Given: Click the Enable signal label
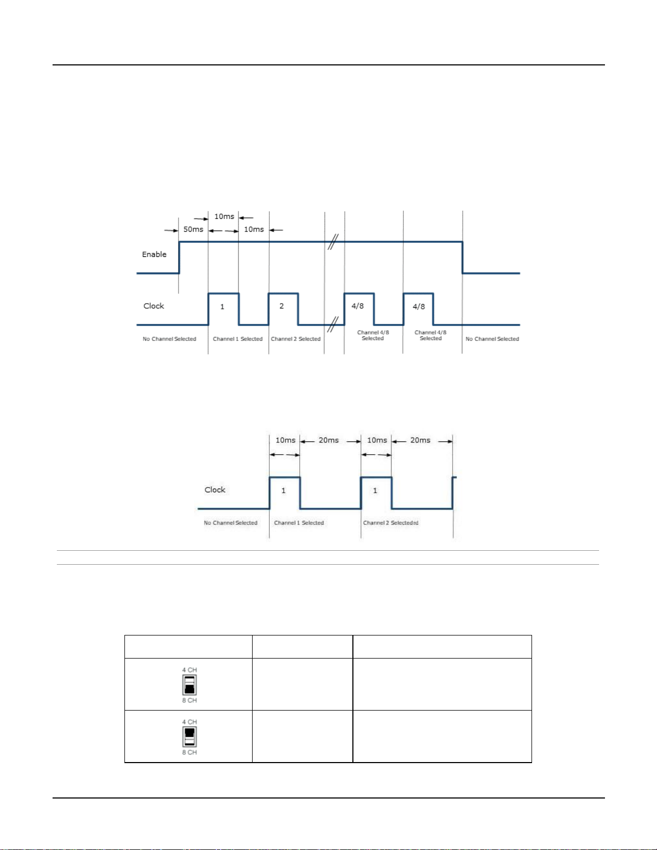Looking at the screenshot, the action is (x=154, y=254).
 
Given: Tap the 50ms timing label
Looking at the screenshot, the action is (x=193, y=230).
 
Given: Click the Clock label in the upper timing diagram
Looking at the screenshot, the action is (x=153, y=306).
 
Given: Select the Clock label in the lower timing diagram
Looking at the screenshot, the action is (x=215, y=490).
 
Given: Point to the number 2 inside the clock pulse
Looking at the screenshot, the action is (x=282, y=306).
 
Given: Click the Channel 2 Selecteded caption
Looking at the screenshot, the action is (x=390, y=523).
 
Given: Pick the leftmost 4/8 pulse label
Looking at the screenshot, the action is (x=358, y=306).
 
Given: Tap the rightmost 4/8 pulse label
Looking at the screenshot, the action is (x=419, y=307).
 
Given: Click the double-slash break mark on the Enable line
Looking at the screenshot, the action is (x=333, y=242).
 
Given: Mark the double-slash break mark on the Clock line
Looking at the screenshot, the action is (x=333, y=324).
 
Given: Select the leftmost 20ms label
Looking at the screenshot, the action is (x=329, y=440).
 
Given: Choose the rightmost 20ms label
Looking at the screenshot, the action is (x=420, y=440).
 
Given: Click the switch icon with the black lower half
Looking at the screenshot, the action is (x=189, y=685).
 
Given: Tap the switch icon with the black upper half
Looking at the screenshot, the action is (x=189, y=737).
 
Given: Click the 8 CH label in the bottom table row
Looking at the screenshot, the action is (x=189, y=752).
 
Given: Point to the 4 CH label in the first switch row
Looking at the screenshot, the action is (x=189, y=670).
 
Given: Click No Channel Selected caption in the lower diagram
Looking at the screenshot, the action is (x=231, y=523).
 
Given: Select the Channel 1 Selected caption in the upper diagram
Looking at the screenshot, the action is (x=238, y=339).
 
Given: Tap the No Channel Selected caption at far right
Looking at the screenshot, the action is (x=492, y=339).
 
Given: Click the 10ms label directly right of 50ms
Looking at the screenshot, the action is (x=254, y=230).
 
